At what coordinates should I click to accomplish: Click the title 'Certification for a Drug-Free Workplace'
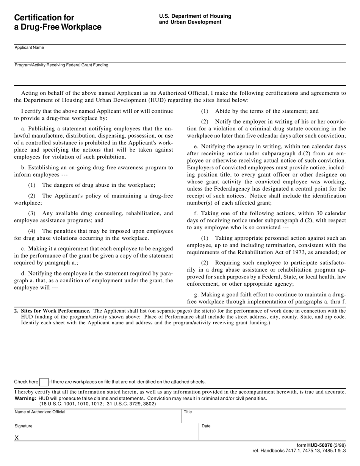pyautogui.click(x=58, y=22)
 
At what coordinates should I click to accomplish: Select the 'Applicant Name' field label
pyautogui.click(x=29, y=48)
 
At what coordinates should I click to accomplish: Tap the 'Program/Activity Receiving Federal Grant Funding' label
pyautogui.click(x=61, y=65)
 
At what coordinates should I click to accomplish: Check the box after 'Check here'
pyautogui.click(x=44, y=382)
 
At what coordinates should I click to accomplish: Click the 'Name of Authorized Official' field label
pyautogui.click(x=40, y=412)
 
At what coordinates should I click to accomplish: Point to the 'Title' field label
pyautogui.click(x=188, y=412)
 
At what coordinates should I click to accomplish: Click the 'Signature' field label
pyautogui.click(x=23, y=426)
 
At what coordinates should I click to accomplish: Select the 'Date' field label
pyautogui.click(x=206, y=426)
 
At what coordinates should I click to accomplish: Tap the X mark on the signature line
pyautogui.click(x=17, y=438)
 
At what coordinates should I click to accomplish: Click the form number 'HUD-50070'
pyautogui.click(x=320, y=446)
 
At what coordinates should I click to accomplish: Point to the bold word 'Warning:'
pyautogui.click(x=25, y=399)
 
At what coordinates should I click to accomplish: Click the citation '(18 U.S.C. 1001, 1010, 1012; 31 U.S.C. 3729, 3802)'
pyautogui.click(x=97, y=404)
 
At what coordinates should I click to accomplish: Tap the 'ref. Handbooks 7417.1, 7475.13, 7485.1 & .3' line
pyautogui.click(x=299, y=451)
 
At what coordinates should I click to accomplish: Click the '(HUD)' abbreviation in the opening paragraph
pyautogui.click(x=140, y=100)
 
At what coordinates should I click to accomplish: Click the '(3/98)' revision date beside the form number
pyautogui.click(x=340, y=446)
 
